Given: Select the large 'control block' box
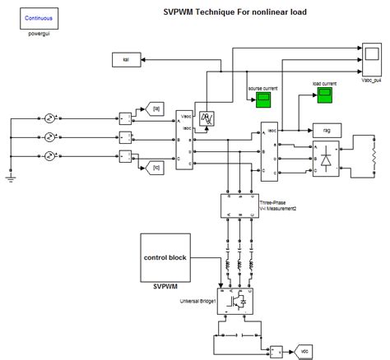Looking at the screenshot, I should (177, 256).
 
